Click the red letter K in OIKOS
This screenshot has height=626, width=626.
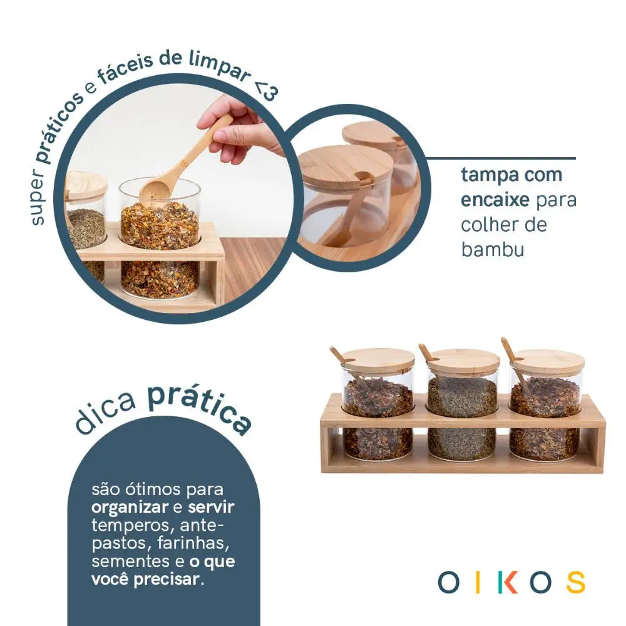511,582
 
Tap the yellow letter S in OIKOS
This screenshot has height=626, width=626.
576,582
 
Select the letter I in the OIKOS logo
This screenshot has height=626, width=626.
479,582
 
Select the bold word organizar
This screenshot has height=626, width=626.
129,507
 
